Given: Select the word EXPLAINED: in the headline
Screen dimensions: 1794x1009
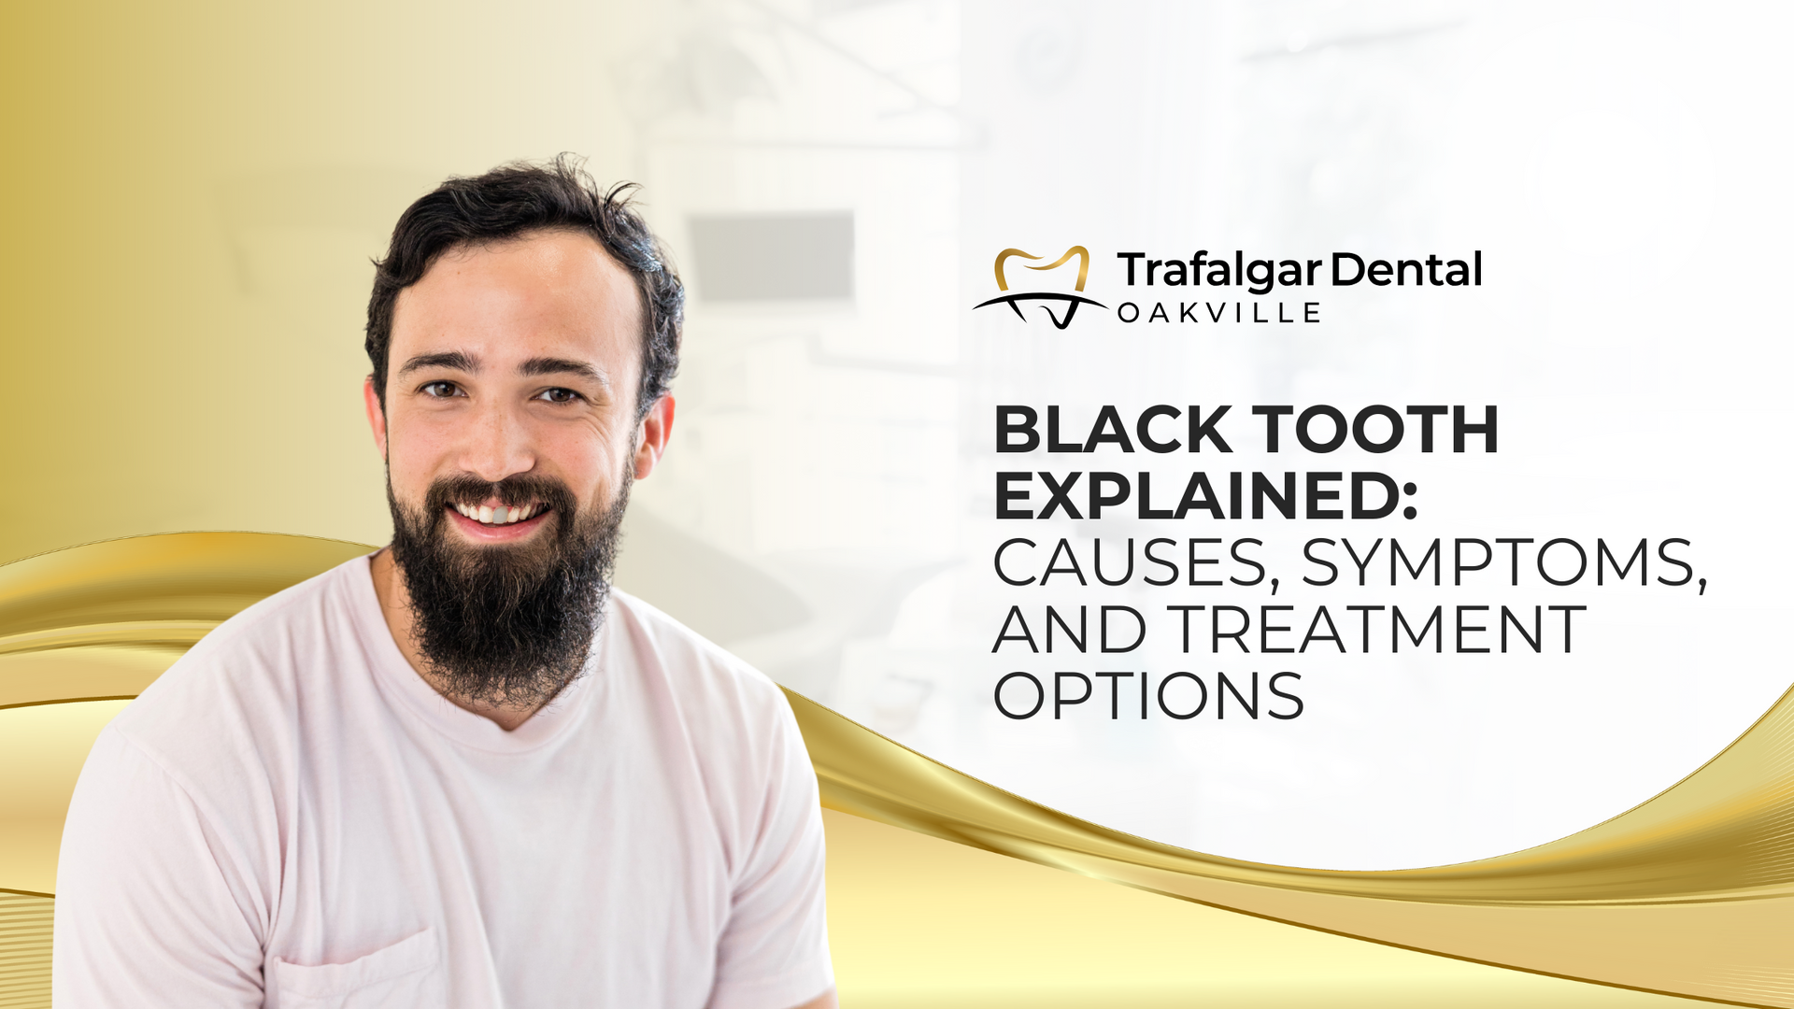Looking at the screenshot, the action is [x=1205, y=496].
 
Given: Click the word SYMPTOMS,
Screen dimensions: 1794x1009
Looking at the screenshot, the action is [x=1503, y=564].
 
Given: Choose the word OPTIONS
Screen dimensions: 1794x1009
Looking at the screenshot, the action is [x=1148, y=695].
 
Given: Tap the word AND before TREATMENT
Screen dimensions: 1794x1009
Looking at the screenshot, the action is [x=1069, y=629].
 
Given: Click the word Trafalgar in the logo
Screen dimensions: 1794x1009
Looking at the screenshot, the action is [x=1218, y=271].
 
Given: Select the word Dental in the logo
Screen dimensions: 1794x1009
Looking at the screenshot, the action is [x=1405, y=269].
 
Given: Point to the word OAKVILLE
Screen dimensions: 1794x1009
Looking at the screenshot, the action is [x=1218, y=313].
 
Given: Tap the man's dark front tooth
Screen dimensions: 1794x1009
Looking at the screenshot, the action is [x=501, y=515].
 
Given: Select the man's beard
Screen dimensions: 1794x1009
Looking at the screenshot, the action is [x=505, y=589].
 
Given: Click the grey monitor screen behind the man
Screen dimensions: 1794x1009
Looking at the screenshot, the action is [x=772, y=257].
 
